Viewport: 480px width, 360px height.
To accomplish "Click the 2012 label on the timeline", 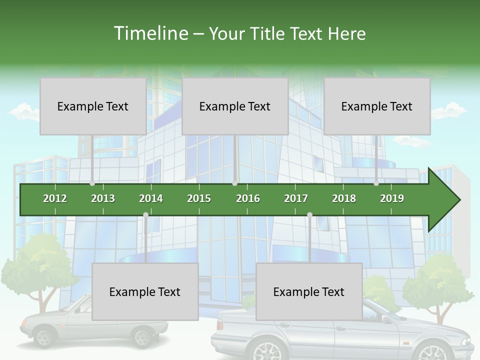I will click(x=55, y=198).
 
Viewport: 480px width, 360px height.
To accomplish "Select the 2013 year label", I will click(x=103, y=198).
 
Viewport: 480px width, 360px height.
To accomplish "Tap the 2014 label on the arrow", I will click(x=151, y=198).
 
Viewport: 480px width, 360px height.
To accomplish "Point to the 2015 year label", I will click(x=199, y=198).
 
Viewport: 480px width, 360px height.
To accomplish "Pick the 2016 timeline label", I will click(x=248, y=198).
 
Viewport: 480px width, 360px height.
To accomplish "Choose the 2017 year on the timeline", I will click(x=296, y=198).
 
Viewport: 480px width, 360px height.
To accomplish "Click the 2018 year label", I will click(x=344, y=198).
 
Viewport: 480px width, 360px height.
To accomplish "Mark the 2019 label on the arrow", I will click(x=392, y=198).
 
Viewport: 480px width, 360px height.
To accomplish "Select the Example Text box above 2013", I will click(x=93, y=106).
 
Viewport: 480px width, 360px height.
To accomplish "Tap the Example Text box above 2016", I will click(x=235, y=106).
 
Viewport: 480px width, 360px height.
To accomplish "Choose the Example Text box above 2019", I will click(x=377, y=106).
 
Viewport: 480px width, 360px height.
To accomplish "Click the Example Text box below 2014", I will click(x=145, y=291).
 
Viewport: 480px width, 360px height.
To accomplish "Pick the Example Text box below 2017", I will click(x=309, y=291).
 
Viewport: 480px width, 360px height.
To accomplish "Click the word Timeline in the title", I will click(x=150, y=33).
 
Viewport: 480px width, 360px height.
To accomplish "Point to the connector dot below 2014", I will click(x=145, y=214).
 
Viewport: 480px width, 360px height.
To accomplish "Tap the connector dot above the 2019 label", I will click(x=376, y=183).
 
